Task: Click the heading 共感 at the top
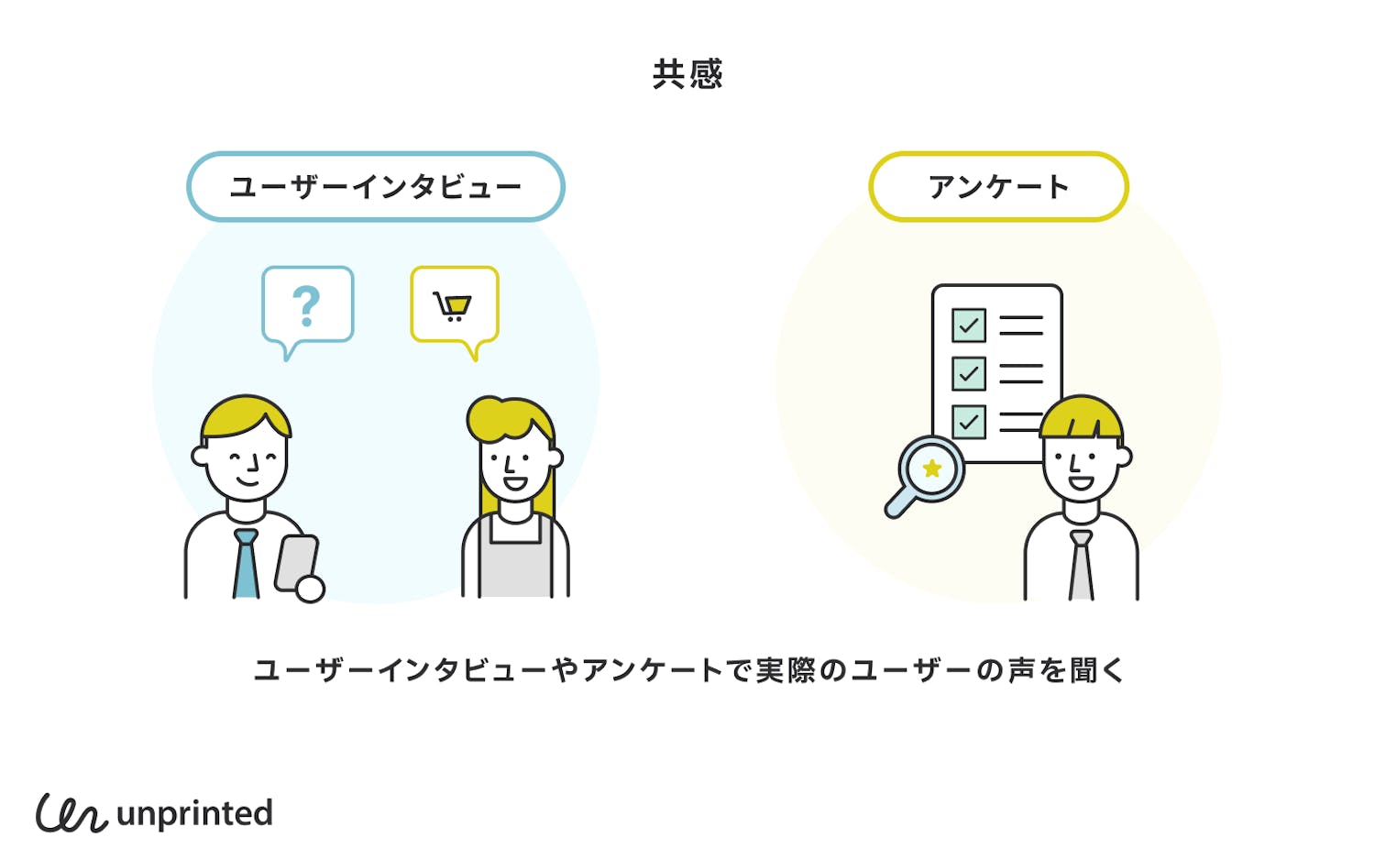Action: click(x=687, y=74)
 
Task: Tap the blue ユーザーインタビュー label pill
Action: click(x=375, y=187)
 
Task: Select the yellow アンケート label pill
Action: click(x=998, y=187)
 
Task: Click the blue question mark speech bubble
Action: click(x=307, y=306)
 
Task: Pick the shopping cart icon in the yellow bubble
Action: click(x=453, y=305)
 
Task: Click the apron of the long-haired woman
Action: click(x=515, y=564)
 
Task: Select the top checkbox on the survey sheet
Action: click(x=969, y=325)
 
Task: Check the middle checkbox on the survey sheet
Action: click(x=969, y=374)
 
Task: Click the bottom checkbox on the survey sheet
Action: click(x=969, y=423)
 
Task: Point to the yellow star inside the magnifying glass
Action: click(x=932, y=469)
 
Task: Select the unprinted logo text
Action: click(x=194, y=813)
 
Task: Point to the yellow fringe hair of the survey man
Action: click(x=1082, y=418)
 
